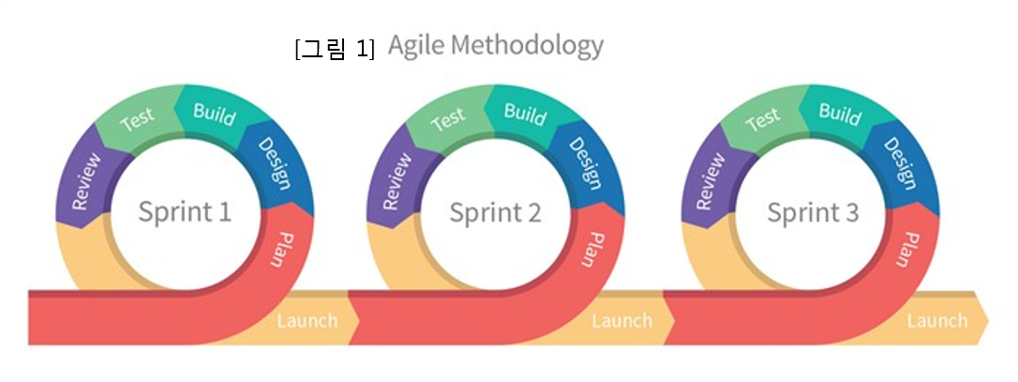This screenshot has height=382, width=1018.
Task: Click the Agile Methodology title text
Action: click(x=495, y=45)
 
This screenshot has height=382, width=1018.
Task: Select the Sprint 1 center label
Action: click(x=185, y=211)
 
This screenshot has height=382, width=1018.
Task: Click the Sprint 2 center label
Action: click(x=495, y=212)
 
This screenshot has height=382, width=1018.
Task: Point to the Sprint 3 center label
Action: click(x=813, y=212)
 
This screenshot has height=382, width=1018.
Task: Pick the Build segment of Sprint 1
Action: click(x=214, y=114)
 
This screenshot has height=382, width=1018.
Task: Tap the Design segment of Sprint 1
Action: click(x=272, y=162)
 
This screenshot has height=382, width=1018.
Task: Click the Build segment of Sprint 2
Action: click(x=525, y=114)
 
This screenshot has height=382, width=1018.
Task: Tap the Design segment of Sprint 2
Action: click(x=583, y=162)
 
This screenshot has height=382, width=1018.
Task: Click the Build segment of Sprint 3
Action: click(x=840, y=114)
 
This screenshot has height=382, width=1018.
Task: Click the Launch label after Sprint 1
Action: click(x=307, y=321)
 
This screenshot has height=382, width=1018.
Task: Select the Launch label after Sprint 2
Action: click(x=621, y=321)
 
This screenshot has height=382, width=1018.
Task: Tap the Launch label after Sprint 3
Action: click(x=936, y=321)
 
